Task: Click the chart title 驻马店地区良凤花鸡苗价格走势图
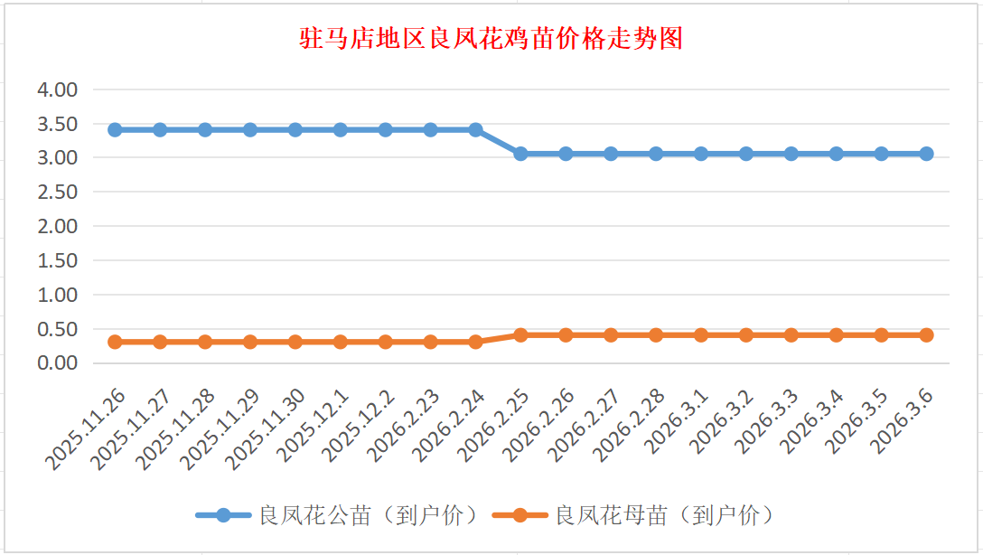[x=491, y=40]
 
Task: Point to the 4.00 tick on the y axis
[x=57, y=89]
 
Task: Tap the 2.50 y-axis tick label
[x=57, y=192]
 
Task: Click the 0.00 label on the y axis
[x=57, y=362]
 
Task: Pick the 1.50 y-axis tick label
[x=57, y=260]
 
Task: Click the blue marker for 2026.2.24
[x=475, y=130]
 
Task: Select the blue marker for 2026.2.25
[x=520, y=154]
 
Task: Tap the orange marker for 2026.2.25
[x=520, y=335]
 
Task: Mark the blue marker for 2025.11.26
[x=115, y=130]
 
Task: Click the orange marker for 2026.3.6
[x=926, y=335]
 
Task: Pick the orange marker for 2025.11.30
[x=295, y=342]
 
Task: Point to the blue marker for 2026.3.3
[x=791, y=154]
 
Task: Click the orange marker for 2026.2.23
[x=430, y=342]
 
